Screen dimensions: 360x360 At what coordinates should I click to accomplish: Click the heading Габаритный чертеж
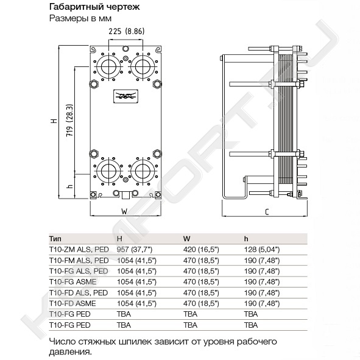[94, 7]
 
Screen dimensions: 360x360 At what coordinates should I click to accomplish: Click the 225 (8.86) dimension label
[127, 31]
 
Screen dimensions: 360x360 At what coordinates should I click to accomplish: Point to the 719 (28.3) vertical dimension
[69, 121]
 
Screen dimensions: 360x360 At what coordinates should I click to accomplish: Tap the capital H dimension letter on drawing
[54, 121]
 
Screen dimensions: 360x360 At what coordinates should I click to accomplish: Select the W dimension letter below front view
[124, 211]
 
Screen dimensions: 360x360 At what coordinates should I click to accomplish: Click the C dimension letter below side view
[267, 212]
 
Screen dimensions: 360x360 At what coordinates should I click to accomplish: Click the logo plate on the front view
[125, 96]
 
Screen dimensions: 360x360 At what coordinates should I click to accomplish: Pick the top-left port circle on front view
[108, 67]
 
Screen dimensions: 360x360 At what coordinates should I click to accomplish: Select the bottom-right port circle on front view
[143, 171]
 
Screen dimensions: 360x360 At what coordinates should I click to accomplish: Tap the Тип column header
[55, 239]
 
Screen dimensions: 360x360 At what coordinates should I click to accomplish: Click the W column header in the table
[187, 239]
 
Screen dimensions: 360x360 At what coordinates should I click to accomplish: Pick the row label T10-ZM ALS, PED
[79, 250]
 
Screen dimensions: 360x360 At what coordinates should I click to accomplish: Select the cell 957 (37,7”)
[135, 250]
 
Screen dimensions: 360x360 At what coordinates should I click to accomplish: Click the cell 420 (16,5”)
[201, 250]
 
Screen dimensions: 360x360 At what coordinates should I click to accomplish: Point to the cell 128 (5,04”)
[262, 250]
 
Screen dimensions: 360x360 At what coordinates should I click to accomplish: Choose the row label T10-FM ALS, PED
[79, 261]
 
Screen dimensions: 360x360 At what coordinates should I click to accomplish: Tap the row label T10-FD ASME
[72, 303]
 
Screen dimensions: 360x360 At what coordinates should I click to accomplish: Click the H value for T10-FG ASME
[136, 282]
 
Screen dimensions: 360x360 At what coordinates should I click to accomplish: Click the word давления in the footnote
[69, 351]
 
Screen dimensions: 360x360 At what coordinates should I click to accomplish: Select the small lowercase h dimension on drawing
[71, 186]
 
